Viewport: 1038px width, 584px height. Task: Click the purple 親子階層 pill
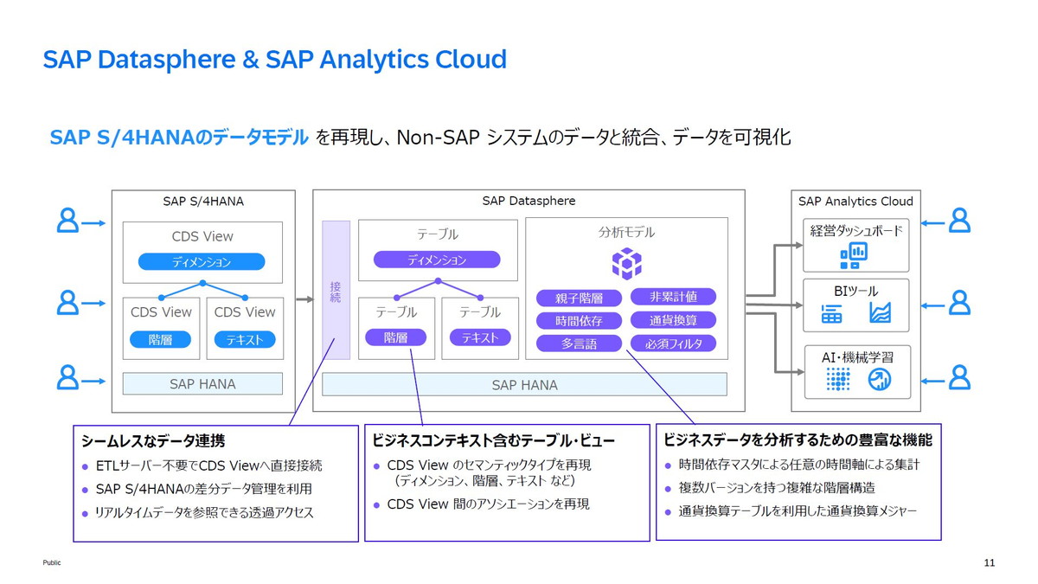pos(579,298)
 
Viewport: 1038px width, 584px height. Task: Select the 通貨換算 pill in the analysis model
pos(673,320)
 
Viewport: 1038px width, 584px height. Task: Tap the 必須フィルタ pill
pos(673,343)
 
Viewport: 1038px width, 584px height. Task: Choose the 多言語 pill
pos(579,343)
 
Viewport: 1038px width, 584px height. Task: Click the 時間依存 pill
pos(579,320)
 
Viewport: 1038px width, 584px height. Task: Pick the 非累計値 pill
pos(673,297)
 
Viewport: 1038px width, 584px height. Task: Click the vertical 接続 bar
pos(336,290)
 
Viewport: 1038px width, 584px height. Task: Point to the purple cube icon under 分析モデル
pos(626,262)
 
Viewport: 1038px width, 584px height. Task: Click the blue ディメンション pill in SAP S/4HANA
pos(202,262)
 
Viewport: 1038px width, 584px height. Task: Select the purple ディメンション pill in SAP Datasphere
pos(437,260)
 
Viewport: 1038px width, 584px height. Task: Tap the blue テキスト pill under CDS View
pos(245,340)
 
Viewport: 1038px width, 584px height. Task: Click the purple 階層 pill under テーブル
pos(395,337)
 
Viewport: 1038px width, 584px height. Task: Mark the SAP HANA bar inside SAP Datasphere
pos(524,384)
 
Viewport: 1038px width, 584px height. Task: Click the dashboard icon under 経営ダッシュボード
pos(854,255)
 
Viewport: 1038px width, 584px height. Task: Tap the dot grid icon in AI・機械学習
pos(836,379)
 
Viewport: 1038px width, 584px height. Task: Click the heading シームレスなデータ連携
pos(153,441)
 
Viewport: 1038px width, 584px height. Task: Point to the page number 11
pos(990,563)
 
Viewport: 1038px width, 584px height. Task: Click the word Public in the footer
pos(52,563)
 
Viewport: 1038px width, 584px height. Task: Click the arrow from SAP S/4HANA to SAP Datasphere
pos(304,299)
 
